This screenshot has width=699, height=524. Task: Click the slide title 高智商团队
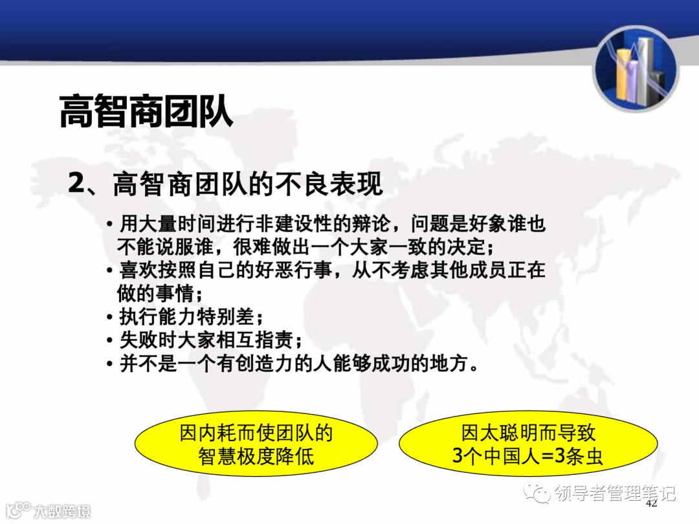pos(146,111)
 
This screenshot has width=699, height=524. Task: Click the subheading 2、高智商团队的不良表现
pos(226,184)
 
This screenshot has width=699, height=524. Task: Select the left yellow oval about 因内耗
pos(256,444)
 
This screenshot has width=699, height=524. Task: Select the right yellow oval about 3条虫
pos(528,444)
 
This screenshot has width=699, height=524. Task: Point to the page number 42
pos(651,503)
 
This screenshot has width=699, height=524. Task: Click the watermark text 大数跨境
pos(62,510)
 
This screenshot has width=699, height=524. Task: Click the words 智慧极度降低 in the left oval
pos(256,456)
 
